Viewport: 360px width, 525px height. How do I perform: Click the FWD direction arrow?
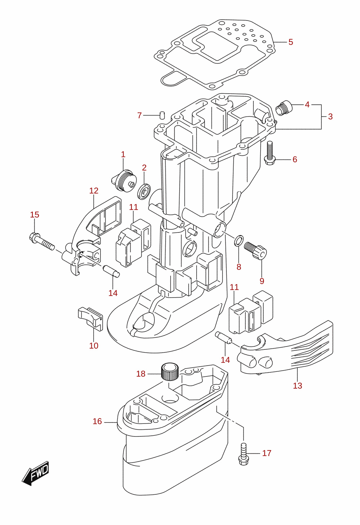pyautogui.click(x=35, y=474)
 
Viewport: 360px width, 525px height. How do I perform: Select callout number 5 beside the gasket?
pyautogui.click(x=291, y=42)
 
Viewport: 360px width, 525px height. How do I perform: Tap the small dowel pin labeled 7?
pyautogui.click(x=162, y=115)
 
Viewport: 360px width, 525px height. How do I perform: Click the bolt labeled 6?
pyautogui.click(x=270, y=153)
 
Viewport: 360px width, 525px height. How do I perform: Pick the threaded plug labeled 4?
pyautogui.click(x=284, y=108)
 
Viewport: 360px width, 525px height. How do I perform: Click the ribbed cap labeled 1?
pyautogui.click(x=124, y=181)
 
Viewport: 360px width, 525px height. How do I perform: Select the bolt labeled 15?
pyautogui.click(x=42, y=242)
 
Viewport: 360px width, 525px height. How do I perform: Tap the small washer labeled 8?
pyautogui.click(x=239, y=241)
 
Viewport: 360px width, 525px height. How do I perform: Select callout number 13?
pyautogui.click(x=297, y=385)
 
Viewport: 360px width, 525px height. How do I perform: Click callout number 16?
pyautogui.click(x=97, y=421)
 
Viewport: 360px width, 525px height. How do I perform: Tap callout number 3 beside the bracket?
pyautogui.click(x=330, y=117)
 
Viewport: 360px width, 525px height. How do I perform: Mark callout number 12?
pyautogui.click(x=94, y=191)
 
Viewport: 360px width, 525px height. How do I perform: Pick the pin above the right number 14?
pyautogui.click(x=224, y=338)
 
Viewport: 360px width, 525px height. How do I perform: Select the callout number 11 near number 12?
pyautogui.click(x=134, y=207)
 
